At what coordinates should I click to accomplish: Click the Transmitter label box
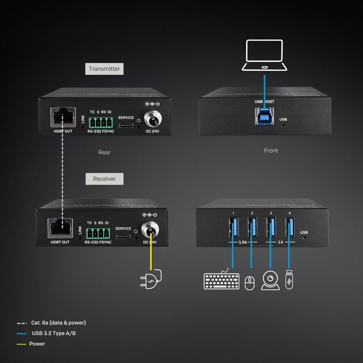pyautogui.click(x=104, y=69)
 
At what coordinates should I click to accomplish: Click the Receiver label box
pyautogui.click(x=104, y=179)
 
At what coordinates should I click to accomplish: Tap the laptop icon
pyautogui.click(x=264, y=55)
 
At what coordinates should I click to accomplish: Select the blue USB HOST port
pyautogui.click(x=265, y=115)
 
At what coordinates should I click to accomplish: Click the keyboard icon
pyautogui.click(x=221, y=281)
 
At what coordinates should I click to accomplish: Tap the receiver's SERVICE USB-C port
pyautogui.click(x=123, y=236)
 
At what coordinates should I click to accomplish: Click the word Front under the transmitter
pyautogui.click(x=271, y=150)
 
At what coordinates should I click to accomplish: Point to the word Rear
pyautogui.click(x=104, y=152)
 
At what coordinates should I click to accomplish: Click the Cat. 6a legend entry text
pyautogui.click(x=58, y=323)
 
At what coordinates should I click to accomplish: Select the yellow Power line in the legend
pyautogui.click(x=21, y=344)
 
